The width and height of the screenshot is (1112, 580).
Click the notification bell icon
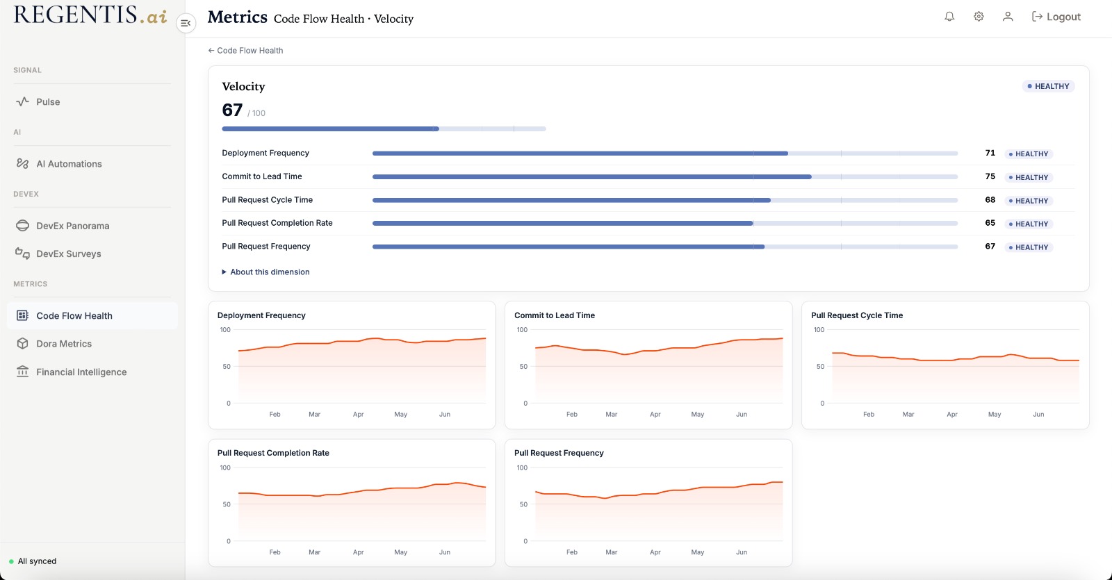(x=949, y=17)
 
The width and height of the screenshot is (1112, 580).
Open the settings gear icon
(x=979, y=17)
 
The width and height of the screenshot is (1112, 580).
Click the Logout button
(x=1056, y=17)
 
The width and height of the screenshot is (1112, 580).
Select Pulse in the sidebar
(x=48, y=101)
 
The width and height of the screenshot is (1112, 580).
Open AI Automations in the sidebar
(x=69, y=164)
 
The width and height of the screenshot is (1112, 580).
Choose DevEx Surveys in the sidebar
(x=69, y=254)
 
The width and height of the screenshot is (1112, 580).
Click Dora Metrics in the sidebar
(x=63, y=343)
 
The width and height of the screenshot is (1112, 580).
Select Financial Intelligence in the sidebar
(x=81, y=372)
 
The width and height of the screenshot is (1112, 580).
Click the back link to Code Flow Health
(x=245, y=51)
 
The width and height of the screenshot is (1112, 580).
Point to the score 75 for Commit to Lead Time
(x=990, y=176)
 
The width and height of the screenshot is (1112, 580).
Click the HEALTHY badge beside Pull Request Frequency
(x=1029, y=247)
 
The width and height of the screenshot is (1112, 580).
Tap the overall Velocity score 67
(x=232, y=110)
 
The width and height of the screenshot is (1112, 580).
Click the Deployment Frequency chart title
(x=261, y=315)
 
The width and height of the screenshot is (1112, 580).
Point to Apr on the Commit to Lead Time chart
(x=655, y=414)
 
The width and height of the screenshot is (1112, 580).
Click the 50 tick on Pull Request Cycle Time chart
(x=820, y=366)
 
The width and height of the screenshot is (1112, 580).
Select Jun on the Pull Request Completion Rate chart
(x=444, y=552)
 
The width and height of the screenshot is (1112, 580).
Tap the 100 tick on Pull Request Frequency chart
(x=522, y=467)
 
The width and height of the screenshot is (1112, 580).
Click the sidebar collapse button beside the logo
(x=186, y=23)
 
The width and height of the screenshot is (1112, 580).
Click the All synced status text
(x=38, y=561)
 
